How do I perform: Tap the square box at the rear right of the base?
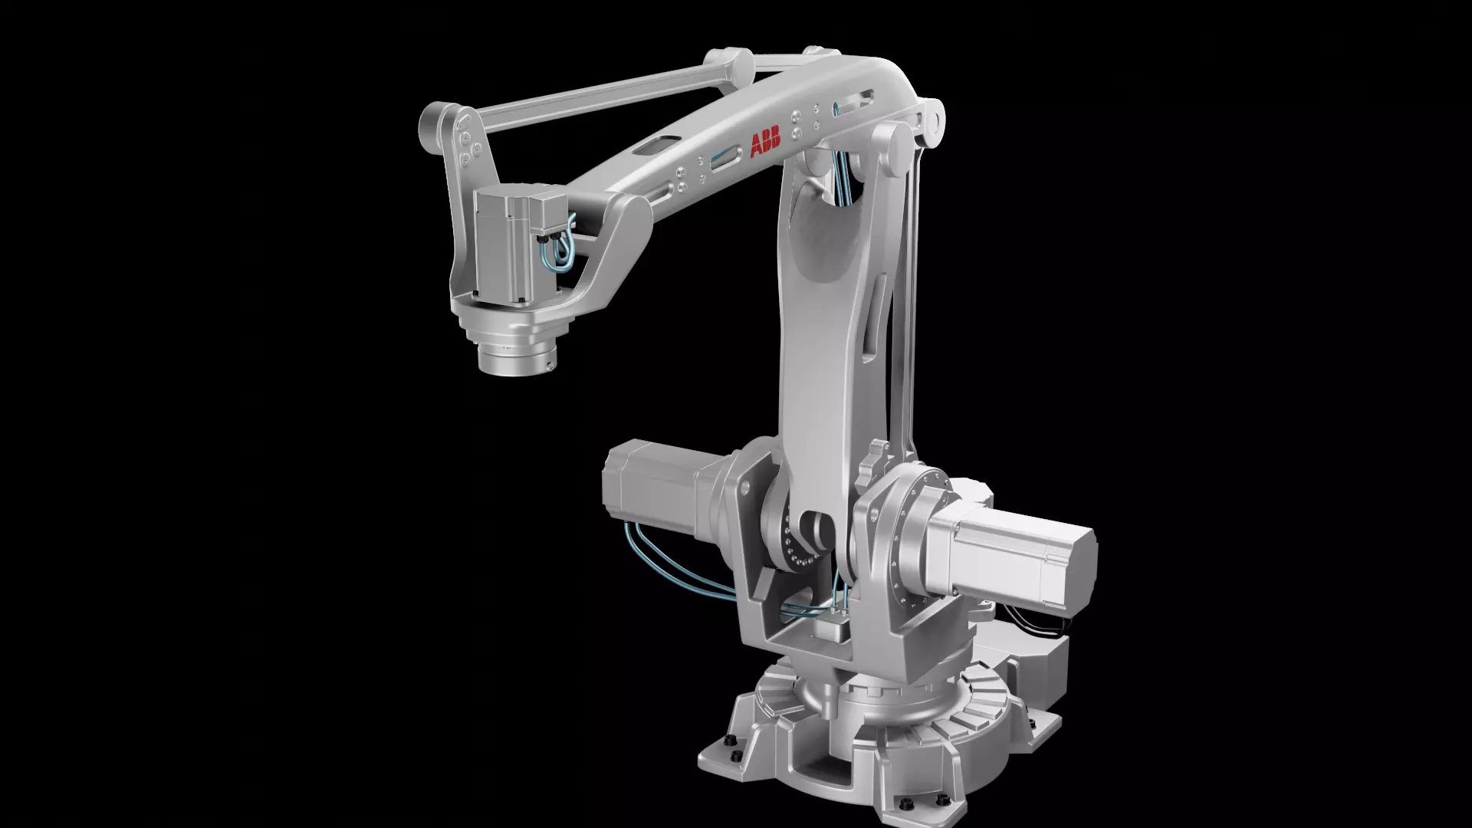[1043, 659]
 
